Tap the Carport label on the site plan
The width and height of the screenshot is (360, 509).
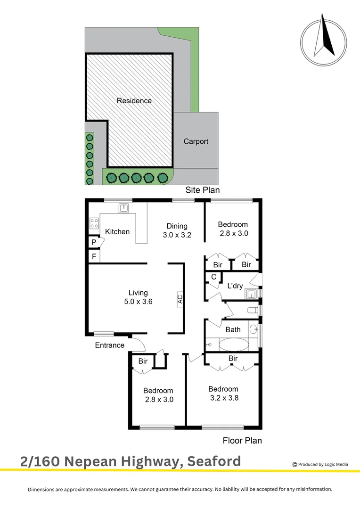click(196, 141)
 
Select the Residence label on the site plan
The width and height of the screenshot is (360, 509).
click(134, 100)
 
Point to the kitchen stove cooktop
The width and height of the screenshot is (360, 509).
click(94, 223)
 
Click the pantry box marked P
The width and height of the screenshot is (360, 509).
click(94, 242)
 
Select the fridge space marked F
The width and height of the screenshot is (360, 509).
click(94, 257)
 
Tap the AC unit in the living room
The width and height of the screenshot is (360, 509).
click(180, 299)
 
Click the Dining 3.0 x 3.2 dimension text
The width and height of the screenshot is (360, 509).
click(177, 235)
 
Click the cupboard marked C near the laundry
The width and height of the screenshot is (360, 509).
click(213, 277)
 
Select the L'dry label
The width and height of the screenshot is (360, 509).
click(235, 286)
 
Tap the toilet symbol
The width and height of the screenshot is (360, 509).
click(254, 310)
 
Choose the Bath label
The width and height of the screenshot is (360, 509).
click(233, 329)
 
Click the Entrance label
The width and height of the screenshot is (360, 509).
click(110, 345)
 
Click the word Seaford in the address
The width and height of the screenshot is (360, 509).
click(214, 461)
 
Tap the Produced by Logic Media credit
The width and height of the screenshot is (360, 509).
click(320, 464)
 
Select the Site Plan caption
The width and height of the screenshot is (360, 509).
click(202, 190)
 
